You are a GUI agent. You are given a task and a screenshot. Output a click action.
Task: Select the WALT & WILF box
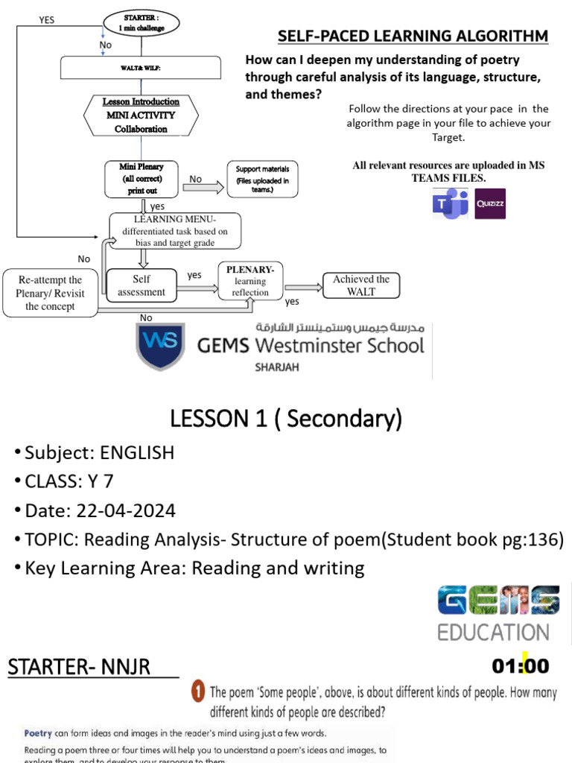click(x=141, y=68)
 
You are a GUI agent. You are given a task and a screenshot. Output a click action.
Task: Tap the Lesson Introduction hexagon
click(x=141, y=115)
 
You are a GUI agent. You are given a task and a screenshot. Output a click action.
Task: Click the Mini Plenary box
click(x=141, y=179)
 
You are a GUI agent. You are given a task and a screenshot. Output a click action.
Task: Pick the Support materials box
click(x=262, y=179)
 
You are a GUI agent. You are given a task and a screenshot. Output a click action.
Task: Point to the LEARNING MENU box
click(x=175, y=230)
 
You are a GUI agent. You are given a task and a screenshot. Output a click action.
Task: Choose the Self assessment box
click(x=142, y=285)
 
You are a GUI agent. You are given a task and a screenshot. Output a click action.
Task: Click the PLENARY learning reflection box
click(x=250, y=281)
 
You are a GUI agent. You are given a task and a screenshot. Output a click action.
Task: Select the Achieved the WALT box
click(x=361, y=285)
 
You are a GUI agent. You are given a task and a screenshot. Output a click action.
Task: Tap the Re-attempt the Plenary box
click(x=49, y=293)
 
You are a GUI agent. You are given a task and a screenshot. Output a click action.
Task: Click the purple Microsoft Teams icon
click(x=450, y=203)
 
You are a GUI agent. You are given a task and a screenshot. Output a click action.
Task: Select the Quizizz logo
click(x=490, y=203)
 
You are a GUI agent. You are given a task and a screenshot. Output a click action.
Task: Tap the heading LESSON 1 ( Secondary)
click(x=286, y=420)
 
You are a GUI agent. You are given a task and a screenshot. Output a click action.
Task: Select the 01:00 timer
click(x=521, y=665)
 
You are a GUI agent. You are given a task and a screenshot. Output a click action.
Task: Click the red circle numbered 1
click(x=197, y=691)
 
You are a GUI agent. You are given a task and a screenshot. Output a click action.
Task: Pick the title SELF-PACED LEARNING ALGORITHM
click(x=413, y=36)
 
